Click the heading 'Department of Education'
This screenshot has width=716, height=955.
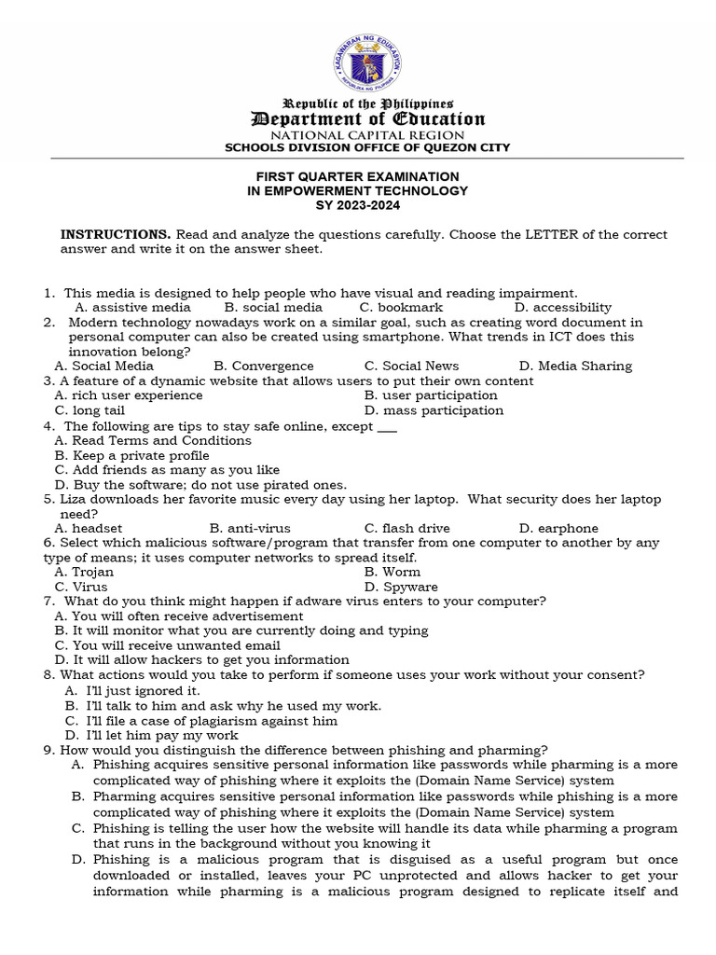pyautogui.click(x=365, y=118)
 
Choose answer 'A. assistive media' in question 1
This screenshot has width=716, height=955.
pyautogui.click(x=132, y=307)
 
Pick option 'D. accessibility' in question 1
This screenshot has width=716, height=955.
pyautogui.click(x=562, y=307)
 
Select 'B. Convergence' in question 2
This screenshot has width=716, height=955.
pyautogui.click(x=264, y=367)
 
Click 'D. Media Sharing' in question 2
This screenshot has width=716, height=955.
pyautogui.click(x=575, y=367)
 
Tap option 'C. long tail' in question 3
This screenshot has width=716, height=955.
pyautogui.click(x=89, y=410)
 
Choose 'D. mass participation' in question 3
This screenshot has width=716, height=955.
pyautogui.click(x=434, y=410)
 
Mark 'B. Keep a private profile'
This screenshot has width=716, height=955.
pyautogui.click(x=131, y=455)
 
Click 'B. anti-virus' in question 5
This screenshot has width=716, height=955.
pyautogui.click(x=249, y=528)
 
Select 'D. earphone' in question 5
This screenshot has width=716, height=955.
pyautogui.click(x=558, y=528)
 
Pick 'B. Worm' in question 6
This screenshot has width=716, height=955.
pyautogui.click(x=392, y=572)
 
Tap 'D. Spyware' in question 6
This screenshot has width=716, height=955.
pyautogui.click(x=401, y=587)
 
